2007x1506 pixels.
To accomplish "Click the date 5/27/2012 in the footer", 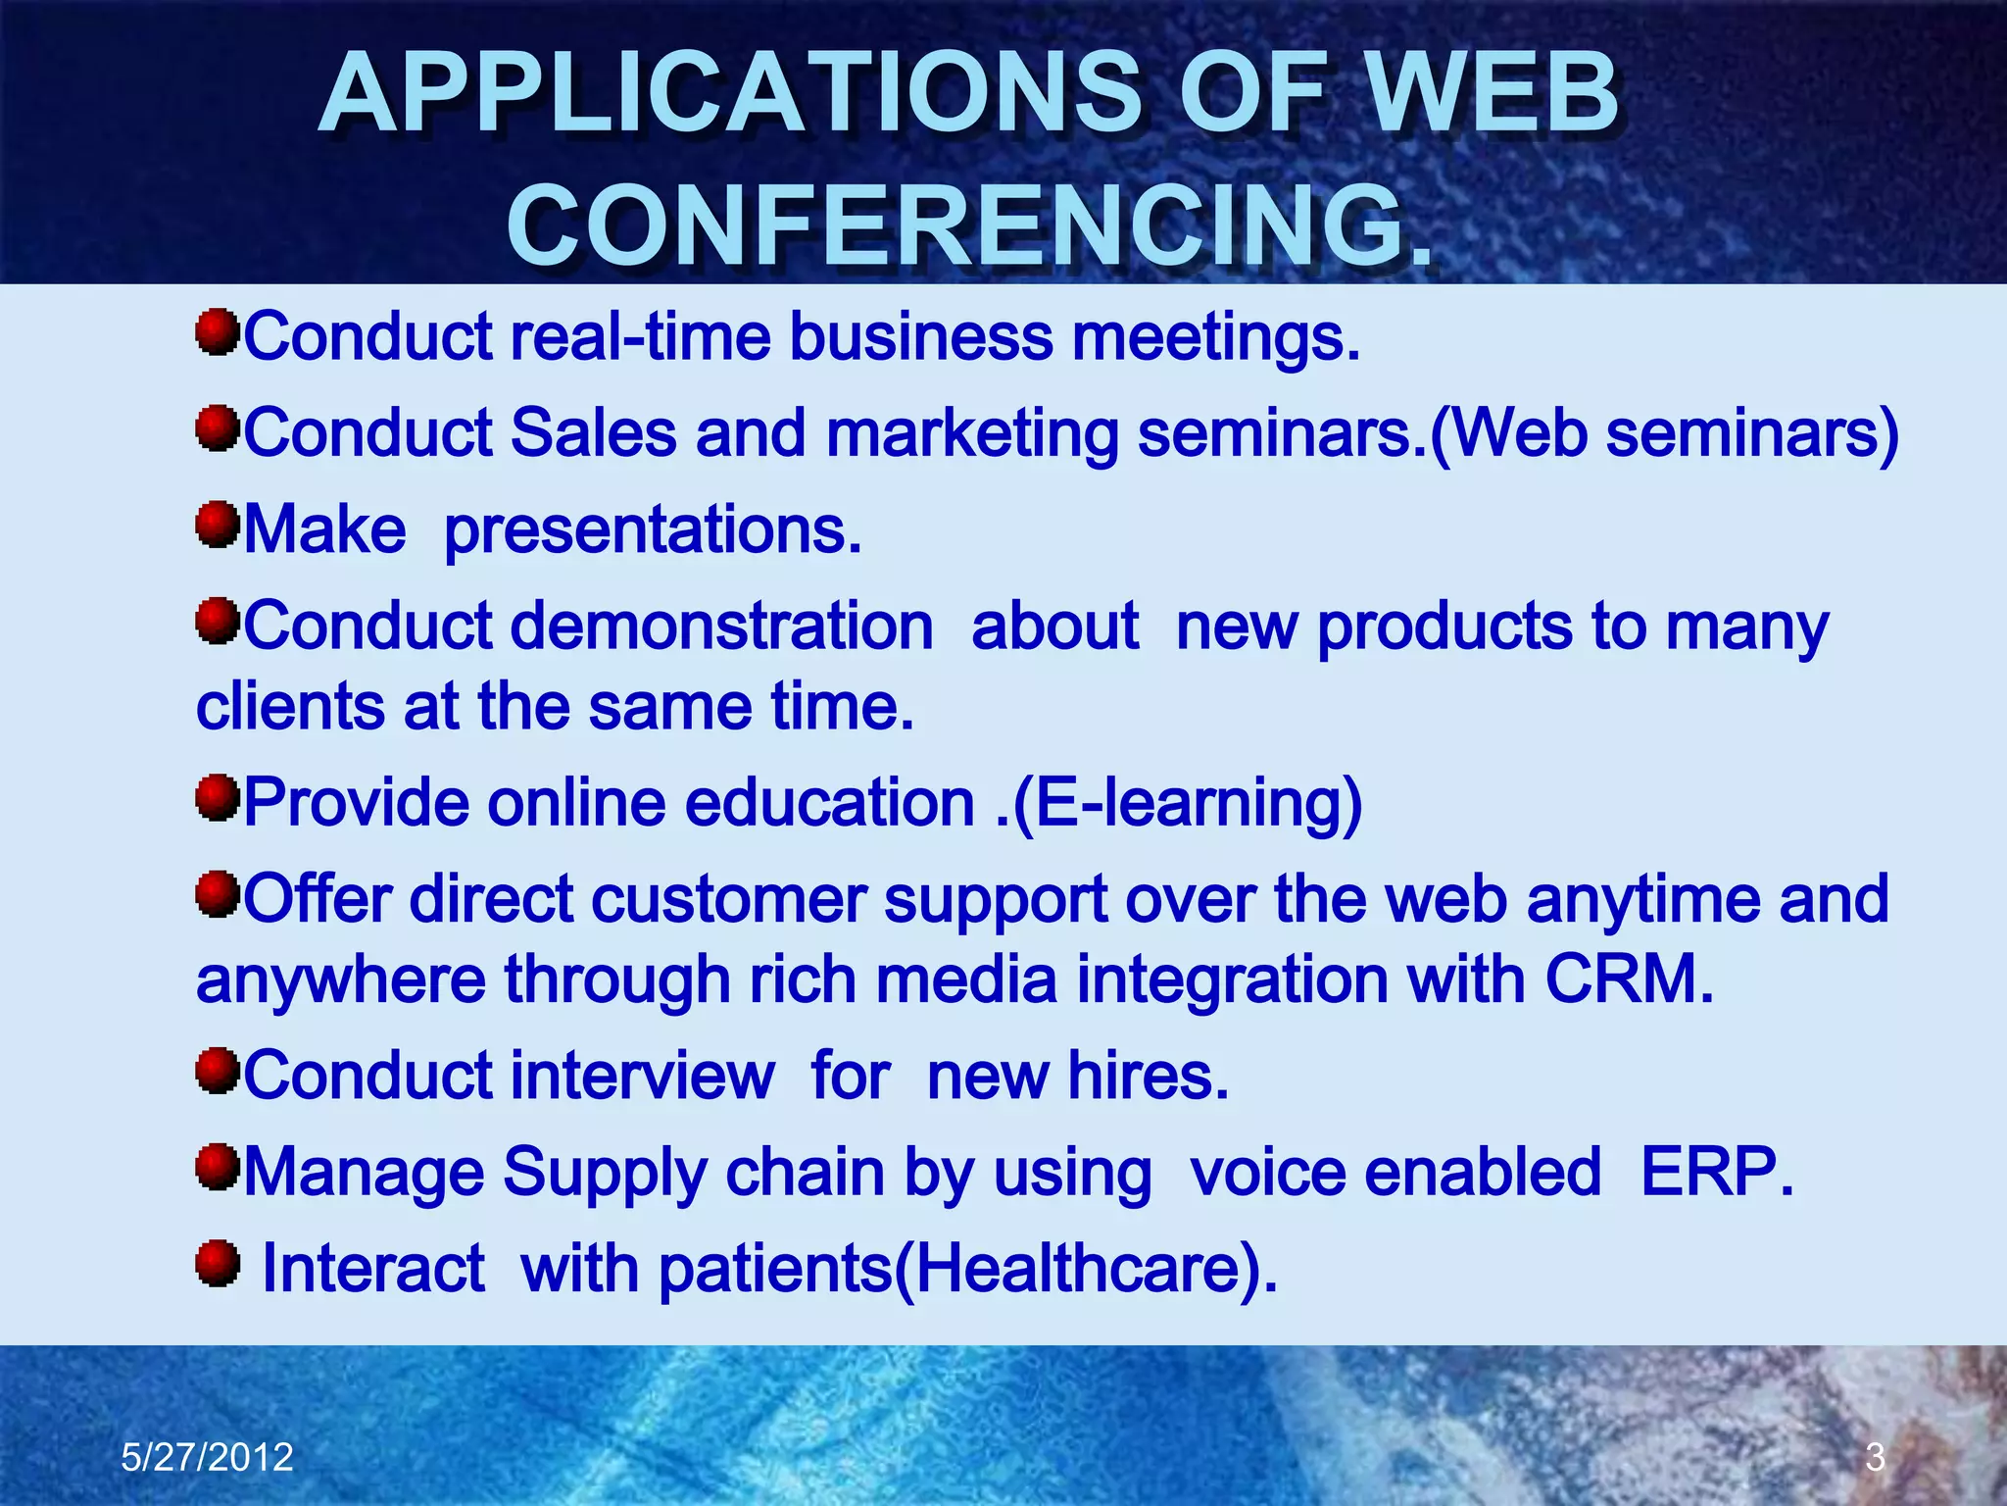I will [x=207, y=1457].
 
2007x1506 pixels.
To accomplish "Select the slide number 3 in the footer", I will [x=1875, y=1457].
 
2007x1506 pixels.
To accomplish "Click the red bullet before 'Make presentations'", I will [x=218, y=527].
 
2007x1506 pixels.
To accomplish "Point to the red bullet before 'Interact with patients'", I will [x=218, y=1264].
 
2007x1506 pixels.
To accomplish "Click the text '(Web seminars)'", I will [x=1664, y=433].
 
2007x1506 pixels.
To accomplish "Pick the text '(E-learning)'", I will [x=1187, y=803].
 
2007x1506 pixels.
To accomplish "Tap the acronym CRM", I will [x=1628, y=979].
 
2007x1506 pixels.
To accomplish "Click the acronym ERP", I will [x=1716, y=1172].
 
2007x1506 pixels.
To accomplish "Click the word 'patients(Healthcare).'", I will [x=968, y=1270].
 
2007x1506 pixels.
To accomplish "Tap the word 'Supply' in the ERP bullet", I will [x=604, y=1174].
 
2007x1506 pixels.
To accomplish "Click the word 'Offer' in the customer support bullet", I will [x=318, y=899].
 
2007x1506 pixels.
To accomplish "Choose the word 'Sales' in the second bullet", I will [x=594, y=433].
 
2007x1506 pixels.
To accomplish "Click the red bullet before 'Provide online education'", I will [x=218, y=798].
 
